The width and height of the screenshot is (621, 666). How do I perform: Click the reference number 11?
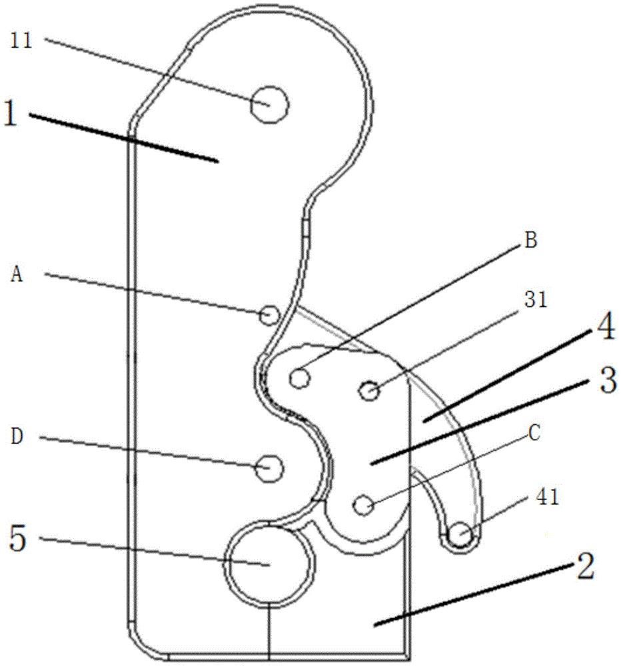[21, 41]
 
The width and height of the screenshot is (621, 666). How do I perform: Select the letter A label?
[17, 275]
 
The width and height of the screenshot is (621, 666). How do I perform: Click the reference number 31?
[536, 300]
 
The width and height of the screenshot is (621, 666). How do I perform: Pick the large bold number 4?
[604, 328]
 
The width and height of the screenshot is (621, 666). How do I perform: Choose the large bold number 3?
[607, 380]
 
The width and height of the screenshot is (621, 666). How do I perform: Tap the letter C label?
[534, 434]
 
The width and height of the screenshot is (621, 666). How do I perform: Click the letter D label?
[17, 437]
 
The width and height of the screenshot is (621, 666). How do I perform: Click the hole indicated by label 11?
[269, 105]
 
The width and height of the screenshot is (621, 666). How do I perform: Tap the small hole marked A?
[269, 316]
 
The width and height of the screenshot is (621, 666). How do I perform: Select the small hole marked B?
[300, 378]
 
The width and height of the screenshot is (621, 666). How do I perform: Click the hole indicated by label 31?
[370, 390]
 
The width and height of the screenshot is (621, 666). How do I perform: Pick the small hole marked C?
[364, 505]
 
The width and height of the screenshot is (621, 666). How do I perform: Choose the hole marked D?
[269, 468]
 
